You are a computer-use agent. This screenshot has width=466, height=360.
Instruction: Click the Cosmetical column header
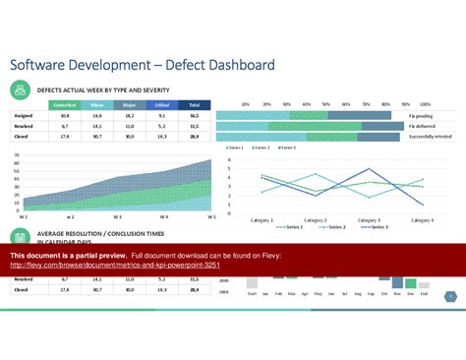click(x=65, y=104)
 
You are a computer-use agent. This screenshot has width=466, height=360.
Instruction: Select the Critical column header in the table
click(x=162, y=104)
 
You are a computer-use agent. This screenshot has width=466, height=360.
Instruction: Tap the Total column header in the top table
click(x=195, y=104)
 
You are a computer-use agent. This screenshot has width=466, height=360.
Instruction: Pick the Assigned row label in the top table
click(x=25, y=116)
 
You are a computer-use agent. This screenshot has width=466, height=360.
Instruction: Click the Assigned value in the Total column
click(x=195, y=116)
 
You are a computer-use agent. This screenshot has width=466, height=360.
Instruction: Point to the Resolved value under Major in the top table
click(x=130, y=127)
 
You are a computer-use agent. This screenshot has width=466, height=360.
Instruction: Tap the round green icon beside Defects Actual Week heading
click(x=19, y=89)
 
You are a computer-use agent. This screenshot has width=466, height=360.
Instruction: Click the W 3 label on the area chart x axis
click(x=117, y=216)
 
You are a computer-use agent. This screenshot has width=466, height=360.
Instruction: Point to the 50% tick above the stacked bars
click(x=325, y=103)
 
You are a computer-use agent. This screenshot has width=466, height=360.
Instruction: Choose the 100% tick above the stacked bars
click(x=425, y=103)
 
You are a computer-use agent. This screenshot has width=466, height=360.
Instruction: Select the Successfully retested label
click(x=431, y=137)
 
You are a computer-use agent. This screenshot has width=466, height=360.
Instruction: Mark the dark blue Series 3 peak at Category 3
click(x=370, y=168)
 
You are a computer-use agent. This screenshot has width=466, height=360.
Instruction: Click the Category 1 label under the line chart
click(x=262, y=220)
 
